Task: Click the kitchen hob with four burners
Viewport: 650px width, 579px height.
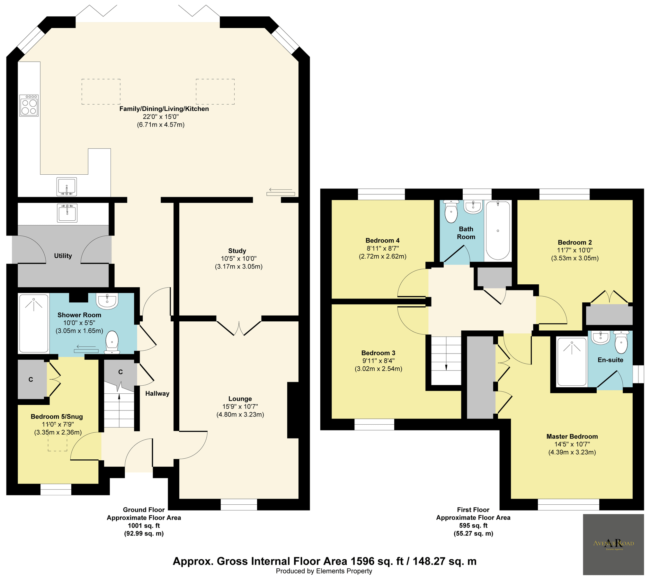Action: pos(29,105)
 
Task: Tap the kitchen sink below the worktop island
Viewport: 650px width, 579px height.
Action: pos(67,187)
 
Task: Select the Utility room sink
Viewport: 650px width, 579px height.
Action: pos(67,213)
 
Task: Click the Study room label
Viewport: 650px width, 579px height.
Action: pos(237,251)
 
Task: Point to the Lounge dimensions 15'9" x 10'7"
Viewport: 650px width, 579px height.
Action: pos(240,407)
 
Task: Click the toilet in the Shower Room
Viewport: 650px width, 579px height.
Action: pos(112,342)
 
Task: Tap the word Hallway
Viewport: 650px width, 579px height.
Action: pos(157,393)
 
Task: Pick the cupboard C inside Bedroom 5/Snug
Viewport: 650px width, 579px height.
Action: pos(31,380)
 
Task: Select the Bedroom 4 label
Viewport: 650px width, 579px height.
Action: pos(382,240)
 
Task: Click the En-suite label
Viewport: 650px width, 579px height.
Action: pos(610,360)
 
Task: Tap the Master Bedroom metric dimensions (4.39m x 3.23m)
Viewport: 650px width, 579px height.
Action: pos(572,452)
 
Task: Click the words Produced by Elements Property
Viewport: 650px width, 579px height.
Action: pos(324,571)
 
